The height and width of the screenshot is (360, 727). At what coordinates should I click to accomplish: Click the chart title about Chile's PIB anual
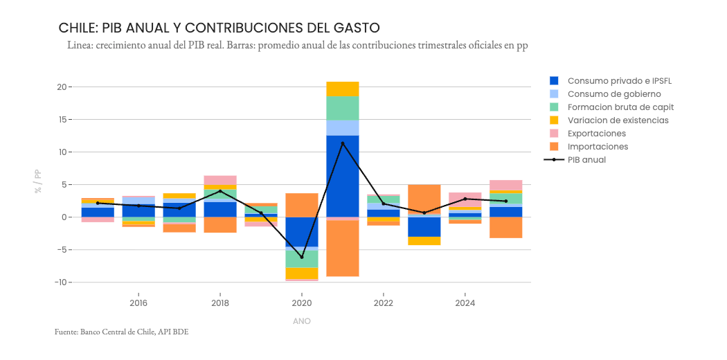pyautogui.click(x=219, y=28)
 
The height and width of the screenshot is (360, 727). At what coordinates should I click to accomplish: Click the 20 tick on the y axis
pyautogui.click(x=62, y=87)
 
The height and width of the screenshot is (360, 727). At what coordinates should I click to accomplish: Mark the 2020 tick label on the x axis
pyautogui.click(x=302, y=303)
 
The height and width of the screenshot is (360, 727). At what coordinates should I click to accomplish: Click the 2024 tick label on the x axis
pyautogui.click(x=465, y=303)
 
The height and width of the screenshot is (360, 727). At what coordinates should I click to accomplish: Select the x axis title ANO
pyautogui.click(x=302, y=321)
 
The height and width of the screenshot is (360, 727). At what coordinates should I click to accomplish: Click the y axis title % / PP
pyautogui.click(x=38, y=181)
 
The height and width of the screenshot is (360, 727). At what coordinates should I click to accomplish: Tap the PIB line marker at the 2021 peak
pyautogui.click(x=343, y=143)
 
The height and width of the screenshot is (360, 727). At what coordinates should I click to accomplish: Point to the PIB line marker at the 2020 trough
pyautogui.click(x=302, y=257)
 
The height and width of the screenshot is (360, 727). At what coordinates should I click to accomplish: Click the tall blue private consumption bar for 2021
pyautogui.click(x=343, y=177)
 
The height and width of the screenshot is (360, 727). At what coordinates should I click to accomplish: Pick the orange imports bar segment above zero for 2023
pyautogui.click(x=424, y=198)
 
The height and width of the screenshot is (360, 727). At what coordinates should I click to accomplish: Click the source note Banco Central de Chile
pyautogui.click(x=121, y=332)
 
